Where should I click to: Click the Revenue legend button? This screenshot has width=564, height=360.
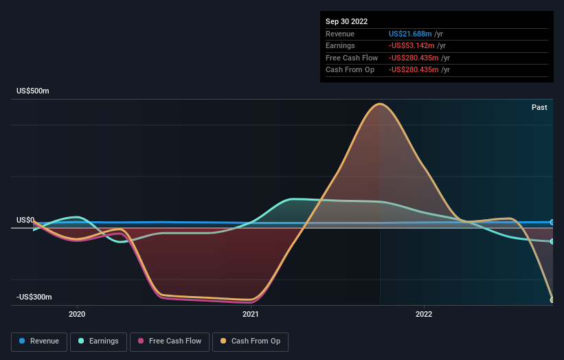point(39,341)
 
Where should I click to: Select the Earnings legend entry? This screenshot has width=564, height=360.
point(98,341)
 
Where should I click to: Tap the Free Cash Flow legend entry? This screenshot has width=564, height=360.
point(170,341)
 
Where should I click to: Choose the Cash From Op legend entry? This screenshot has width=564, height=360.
point(250,341)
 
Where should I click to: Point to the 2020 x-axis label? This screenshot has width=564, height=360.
point(77,314)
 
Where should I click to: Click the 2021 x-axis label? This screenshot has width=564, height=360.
point(250,314)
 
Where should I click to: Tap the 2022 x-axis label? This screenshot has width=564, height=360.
point(424,314)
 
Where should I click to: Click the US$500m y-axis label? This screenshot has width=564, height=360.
point(33,91)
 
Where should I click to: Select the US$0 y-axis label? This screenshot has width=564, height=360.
point(25,220)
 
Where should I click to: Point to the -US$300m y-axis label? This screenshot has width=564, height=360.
point(34,297)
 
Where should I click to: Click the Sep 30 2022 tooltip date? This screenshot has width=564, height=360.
point(346,21)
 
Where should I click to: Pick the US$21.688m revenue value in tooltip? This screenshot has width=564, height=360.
point(410,34)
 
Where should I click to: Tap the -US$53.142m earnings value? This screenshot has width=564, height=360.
point(411,45)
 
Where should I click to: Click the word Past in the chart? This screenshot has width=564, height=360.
point(539,107)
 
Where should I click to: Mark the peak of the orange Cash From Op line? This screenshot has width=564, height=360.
point(380,104)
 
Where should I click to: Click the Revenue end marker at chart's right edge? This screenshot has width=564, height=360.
point(552,223)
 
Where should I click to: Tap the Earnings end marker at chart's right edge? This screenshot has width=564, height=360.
point(552,241)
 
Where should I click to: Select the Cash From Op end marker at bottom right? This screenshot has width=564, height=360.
point(552,300)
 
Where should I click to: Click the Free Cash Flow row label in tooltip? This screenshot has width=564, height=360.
point(352,58)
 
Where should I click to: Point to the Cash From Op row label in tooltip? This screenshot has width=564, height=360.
point(350,70)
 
